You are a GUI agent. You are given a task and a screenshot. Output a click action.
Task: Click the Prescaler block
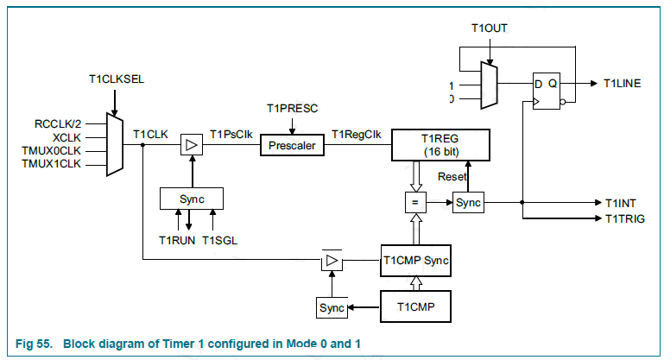(x=293, y=146)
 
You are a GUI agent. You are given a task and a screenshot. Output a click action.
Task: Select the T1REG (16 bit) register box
(x=440, y=145)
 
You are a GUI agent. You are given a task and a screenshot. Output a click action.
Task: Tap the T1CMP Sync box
(x=416, y=259)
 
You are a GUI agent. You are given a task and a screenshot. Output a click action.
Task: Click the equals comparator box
(x=415, y=203)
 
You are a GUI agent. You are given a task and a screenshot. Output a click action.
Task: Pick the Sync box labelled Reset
(x=468, y=203)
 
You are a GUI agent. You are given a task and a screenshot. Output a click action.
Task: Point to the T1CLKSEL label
(x=116, y=79)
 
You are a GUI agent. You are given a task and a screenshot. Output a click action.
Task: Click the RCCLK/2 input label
(x=59, y=123)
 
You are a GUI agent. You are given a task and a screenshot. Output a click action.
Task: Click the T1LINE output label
(x=622, y=83)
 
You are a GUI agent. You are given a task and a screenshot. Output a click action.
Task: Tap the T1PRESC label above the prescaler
(x=293, y=109)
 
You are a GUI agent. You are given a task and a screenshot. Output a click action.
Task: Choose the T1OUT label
(x=489, y=28)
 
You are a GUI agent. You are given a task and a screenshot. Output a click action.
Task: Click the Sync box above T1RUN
(x=192, y=198)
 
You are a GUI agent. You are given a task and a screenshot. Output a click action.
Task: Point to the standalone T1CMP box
(x=416, y=306)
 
